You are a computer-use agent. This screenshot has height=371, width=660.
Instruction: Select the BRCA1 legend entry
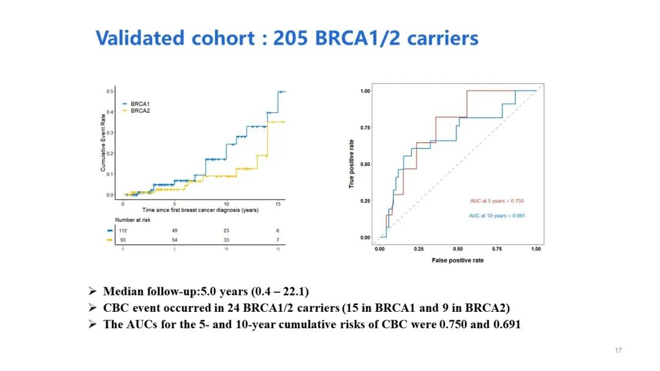[x=140, y=104]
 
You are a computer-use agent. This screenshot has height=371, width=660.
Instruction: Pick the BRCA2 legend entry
[x=140, y=111]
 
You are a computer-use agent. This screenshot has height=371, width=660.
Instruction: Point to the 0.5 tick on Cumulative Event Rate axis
[x=110, y=92]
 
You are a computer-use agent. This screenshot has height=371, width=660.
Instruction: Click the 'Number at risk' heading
[x=133, y=220]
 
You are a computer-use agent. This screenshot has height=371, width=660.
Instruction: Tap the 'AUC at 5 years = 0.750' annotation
[x=497, y=201]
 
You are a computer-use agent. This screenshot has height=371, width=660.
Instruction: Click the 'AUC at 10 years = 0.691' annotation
[x=497, y=215]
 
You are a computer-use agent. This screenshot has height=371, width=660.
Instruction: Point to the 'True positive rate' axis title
[x=352, y=164]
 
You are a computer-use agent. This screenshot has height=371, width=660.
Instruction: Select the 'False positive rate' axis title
[x=458, y=261]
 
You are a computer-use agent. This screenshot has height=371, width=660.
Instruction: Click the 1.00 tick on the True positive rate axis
[x=365, y=91]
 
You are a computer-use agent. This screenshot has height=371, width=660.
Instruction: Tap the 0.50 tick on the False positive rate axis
[x=458, y=249]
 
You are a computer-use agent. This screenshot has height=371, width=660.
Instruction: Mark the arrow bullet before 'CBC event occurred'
[x=92, y=308]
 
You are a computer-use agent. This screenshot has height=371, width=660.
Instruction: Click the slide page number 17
[x=618, y=350]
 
